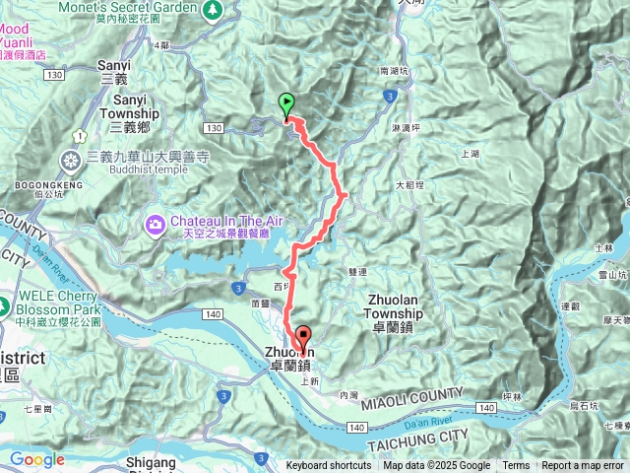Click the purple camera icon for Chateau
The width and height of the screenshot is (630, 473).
point(156,226)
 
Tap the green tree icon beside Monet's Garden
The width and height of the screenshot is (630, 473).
point(213,9)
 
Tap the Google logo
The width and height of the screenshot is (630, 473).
point(36,459)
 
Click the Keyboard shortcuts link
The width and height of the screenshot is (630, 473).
point(329,466)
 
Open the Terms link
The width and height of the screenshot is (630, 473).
point(516,466)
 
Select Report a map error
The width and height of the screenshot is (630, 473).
point(583,466)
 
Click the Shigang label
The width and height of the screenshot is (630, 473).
point(157,460)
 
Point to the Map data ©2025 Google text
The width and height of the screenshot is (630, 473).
point(437,466)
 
